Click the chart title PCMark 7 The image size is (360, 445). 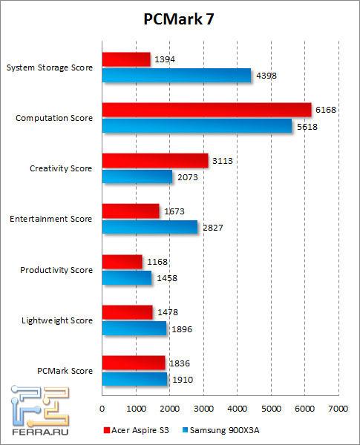click(180, 20)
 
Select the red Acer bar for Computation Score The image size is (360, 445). click(206, 110)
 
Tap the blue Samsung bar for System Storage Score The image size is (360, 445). click(176, 75)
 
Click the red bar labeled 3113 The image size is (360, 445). click(154, 161)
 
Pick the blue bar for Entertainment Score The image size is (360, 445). click(149, 227)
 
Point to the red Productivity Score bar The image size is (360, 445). click(122, 262)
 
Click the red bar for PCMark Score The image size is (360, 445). click(133, 363)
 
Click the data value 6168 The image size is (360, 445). click(326, 110)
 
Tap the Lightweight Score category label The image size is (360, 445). click(58, 320)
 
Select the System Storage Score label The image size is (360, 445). click(50, 67)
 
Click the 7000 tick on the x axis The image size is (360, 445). click(338, 409)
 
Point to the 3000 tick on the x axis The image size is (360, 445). click(203, 409)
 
